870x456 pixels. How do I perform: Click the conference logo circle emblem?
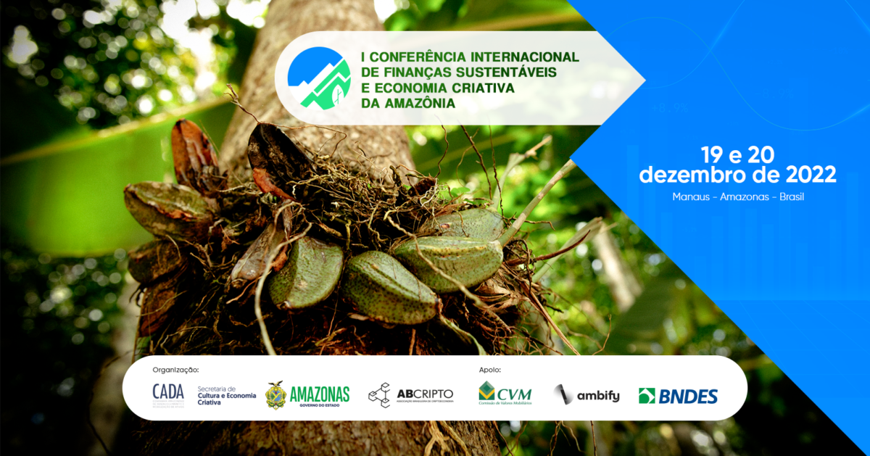tap(319, 78)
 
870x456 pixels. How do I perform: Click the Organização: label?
tap(175, 370)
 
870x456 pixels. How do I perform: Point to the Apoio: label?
tap(490, 370)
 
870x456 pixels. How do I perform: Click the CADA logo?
tap(168, 394)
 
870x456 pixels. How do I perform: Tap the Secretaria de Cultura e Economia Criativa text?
tap(226, 395)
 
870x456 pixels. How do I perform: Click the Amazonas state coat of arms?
tap(275, 395)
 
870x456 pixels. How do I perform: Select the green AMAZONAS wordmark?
tap(320, 394)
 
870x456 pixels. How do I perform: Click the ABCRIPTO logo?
tap(410, 395)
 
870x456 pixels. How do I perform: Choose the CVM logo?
tap(505, 394)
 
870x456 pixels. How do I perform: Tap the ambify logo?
tap(587, 396)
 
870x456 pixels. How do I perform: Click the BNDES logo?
tap(678, 396)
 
